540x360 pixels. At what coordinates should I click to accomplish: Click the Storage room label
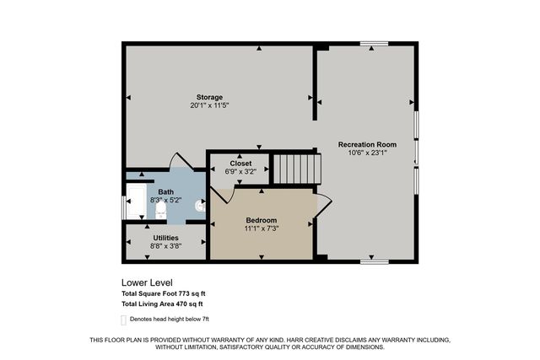(x=209, y=97)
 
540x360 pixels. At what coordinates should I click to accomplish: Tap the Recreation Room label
(x=367, y=144)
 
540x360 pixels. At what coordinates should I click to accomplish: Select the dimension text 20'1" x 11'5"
(x=209, y=105)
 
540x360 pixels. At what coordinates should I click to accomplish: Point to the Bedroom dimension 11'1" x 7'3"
(x=262, y=228)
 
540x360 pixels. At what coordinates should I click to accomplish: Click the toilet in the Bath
(x=160, y=210)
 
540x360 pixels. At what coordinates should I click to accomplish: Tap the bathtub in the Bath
(x=137, y=201)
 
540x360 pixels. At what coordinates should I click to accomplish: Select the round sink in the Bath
(x=201, y=206)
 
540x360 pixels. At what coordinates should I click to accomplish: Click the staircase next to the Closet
(x=297, y=169)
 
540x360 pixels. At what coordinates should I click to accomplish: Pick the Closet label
(x=240, y=164)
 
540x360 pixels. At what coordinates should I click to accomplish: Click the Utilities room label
(x=165, y=238)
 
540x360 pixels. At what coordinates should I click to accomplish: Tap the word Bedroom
(x=262, y=220)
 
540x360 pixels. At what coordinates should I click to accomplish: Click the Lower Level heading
(x=147, y=282)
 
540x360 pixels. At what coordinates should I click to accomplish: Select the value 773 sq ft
(x=192, y=293)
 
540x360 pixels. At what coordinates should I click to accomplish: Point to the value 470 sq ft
(x=189, y=304)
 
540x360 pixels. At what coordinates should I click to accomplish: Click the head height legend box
(x=124, y=320)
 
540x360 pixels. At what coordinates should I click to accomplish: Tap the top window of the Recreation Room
(x=375, y=44)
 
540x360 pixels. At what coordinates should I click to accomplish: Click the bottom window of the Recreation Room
(x=375, y=262)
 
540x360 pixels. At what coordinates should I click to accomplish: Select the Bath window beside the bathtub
(x=124, y=207)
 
